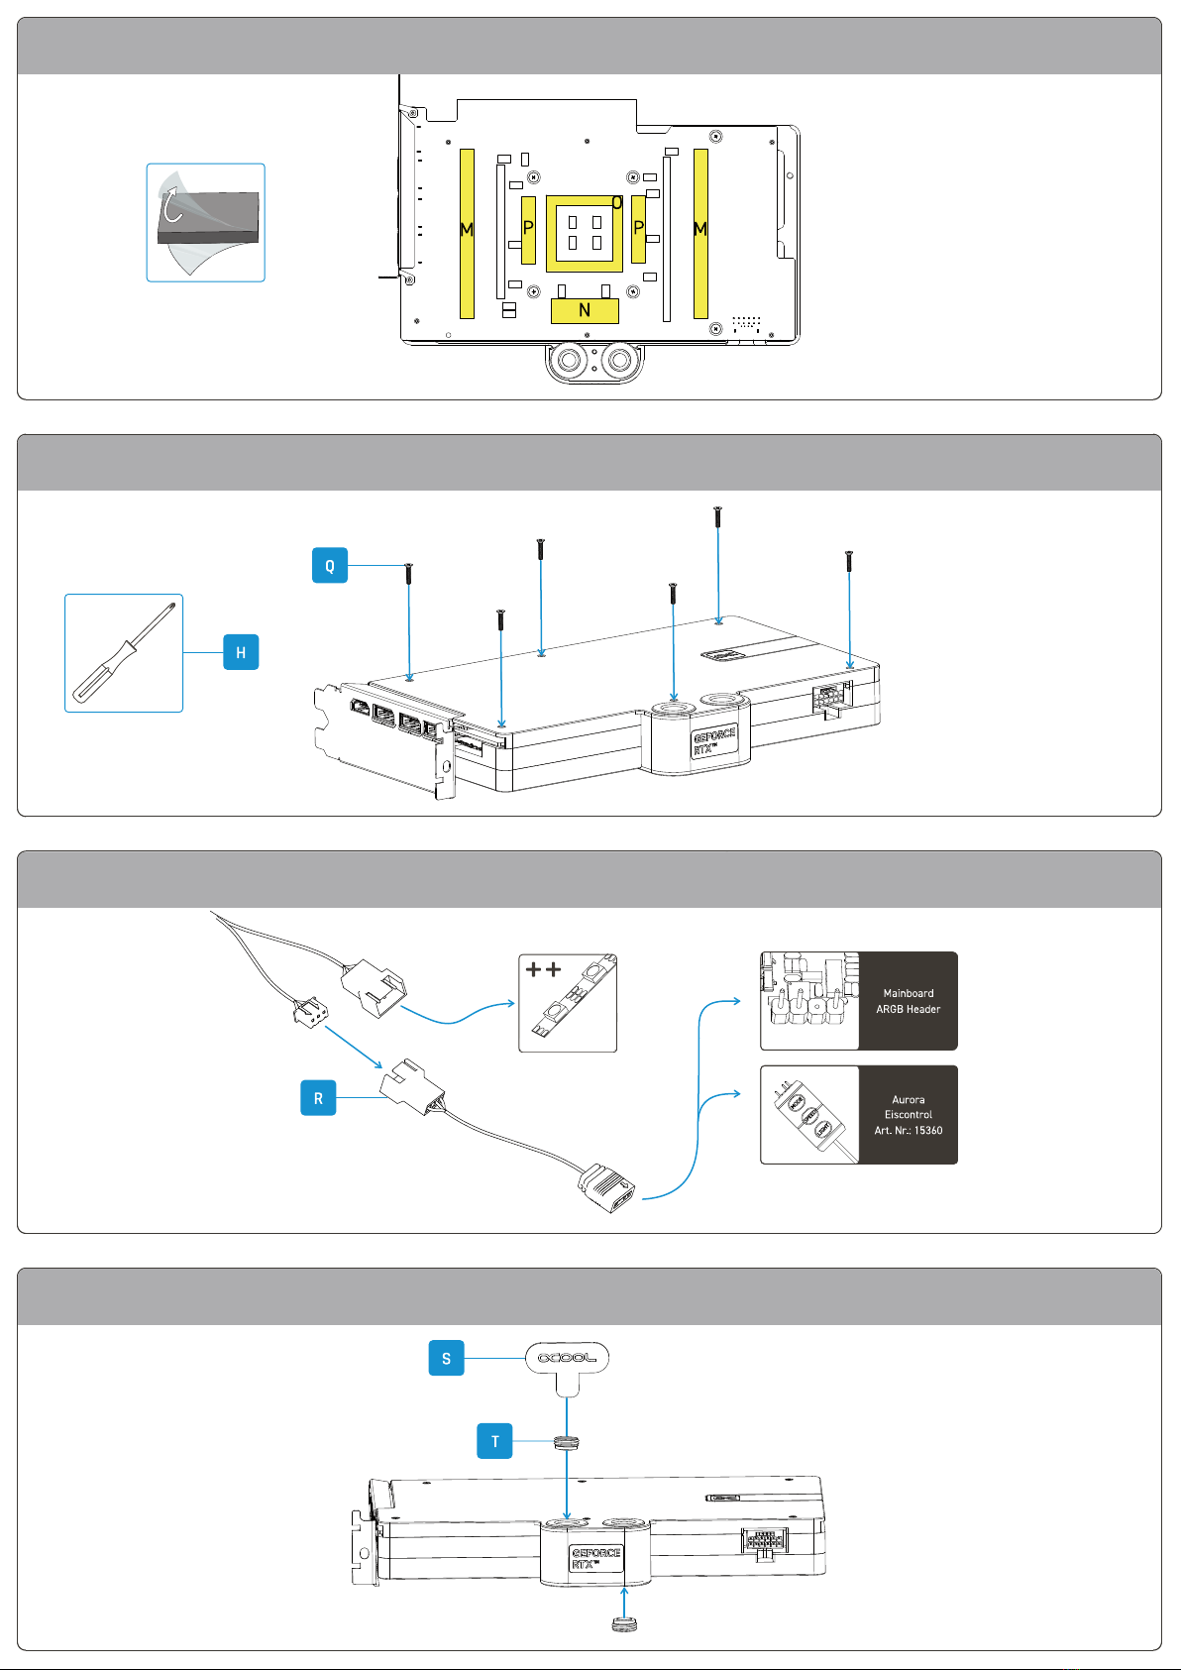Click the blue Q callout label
coord(329,566)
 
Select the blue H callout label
coord(241,652)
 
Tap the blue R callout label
coord(318,1098)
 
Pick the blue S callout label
coord(446,1358)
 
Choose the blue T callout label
coord(494,1441)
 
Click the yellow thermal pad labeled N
coord(585,311)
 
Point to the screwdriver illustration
coord(124,653)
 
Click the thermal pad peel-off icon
coord(206,223)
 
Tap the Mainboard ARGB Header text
coord(908,1001)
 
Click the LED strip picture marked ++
coord(568,1002)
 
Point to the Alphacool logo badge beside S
coord(567,1358)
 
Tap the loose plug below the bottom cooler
coord(623,1624)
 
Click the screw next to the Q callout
coord(408,574)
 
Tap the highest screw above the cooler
coord(717,516)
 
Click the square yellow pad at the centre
coord(585,233)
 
